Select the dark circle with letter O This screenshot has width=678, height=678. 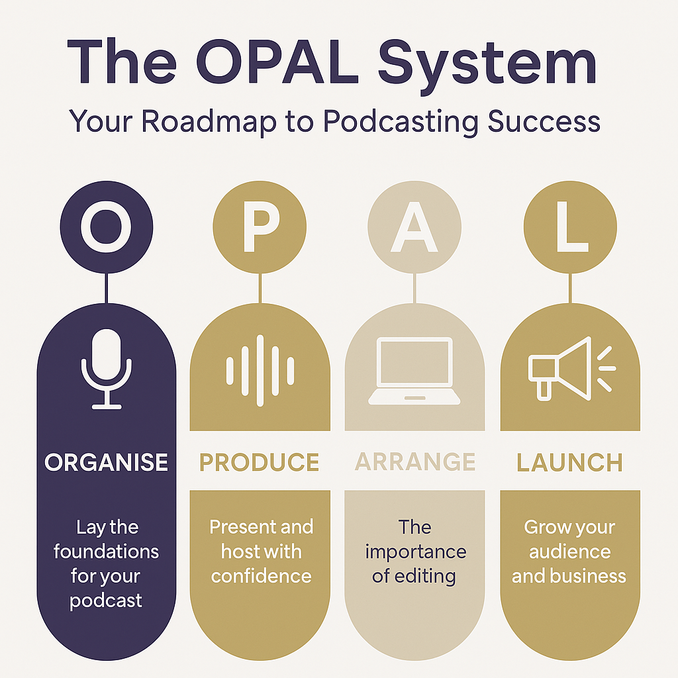tap(106, 226)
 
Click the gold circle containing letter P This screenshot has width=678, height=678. tap(260, 226)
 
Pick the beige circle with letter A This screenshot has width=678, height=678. tap(414, 226)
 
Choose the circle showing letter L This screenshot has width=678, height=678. tap(569, 226)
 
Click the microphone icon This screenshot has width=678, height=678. tap(106, 368)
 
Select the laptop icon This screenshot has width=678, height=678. tap(414, 371)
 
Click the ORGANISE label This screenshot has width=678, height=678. tap(106, 462)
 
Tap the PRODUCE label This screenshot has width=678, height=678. tap(260, 462)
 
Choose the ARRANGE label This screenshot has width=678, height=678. tap(415, 462)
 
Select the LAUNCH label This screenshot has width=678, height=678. tap(569, 462)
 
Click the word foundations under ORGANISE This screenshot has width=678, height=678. tap(106, 552)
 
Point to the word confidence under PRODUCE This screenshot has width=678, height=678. tap(261, 576)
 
